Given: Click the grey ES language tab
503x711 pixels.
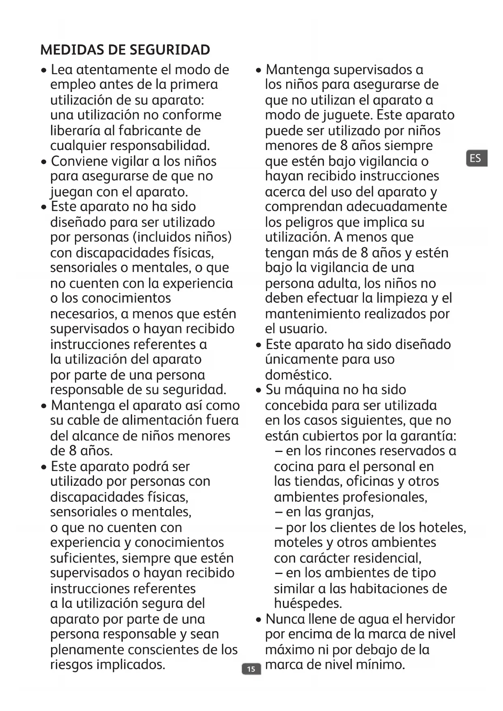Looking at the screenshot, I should pyautogui.click(x=476, y=158).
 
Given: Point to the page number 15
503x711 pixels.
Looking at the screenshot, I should pyautogui.click(x=251, y=669).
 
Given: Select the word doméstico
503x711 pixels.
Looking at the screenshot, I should pyautogui.click(x=298, y=375).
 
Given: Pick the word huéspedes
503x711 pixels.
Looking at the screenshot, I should pyautogui.click(x=308, y=604).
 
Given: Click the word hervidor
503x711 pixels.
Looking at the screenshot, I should pyautogui.click(x=430, y=619).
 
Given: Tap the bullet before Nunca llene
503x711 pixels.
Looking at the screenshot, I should pyautogui.click(x=259, y=620).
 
